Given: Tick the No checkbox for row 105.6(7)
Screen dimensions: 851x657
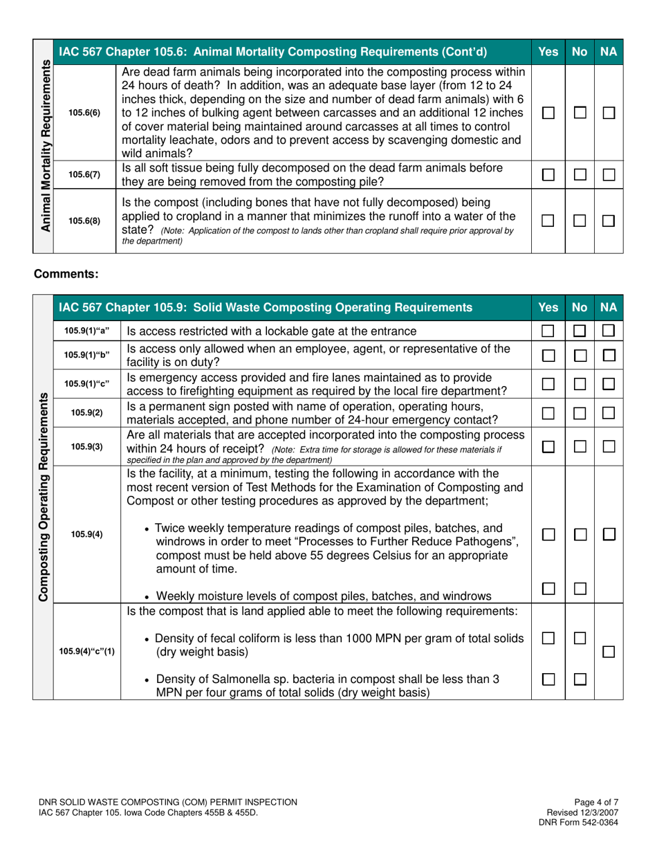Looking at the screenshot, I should (578, 175).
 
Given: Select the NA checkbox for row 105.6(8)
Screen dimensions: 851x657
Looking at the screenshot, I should (609, 221).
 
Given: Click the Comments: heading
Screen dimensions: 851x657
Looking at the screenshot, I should (66, 275).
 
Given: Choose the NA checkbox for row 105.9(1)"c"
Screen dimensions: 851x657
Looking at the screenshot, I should (609, 383).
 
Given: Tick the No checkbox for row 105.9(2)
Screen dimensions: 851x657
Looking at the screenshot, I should (578, 413).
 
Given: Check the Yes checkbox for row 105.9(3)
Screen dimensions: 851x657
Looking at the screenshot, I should (548, 446).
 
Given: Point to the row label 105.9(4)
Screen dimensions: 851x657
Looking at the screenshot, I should (86, 533).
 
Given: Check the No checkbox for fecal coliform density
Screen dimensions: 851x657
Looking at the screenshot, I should (578, 636).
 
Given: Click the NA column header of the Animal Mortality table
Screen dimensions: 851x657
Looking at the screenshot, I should (609, 51).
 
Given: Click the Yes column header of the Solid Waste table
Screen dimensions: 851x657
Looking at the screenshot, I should (548, 306).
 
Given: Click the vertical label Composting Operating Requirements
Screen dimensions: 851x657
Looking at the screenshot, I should (43, 497).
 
